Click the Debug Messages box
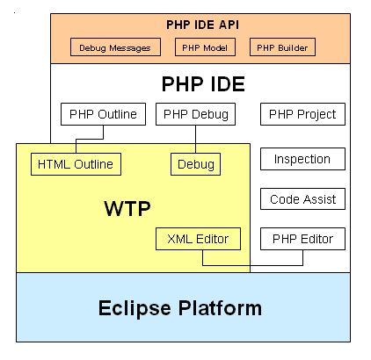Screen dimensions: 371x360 click(x=115, y=47)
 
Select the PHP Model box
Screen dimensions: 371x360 click(x=205, y=47)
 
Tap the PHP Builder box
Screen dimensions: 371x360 click(x=282, y=47)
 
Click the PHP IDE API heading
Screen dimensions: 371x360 click(x=202, y=25)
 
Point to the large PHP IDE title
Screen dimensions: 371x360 click(x=203, y=84)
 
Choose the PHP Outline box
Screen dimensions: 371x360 click(x=103, y=114)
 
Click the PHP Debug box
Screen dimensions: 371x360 click(x=195, y=114)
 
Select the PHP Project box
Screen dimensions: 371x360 click(x=302, y=114)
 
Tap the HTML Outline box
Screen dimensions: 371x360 click(x=76, y=164)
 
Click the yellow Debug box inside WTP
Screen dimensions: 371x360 click(x=195, y=164)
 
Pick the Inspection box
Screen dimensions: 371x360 click(x=302, y=159)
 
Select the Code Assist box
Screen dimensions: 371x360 click(x=302, y=199)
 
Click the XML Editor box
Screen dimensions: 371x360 click(x=198, y=239)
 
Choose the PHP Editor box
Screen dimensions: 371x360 click(x=302, y=239)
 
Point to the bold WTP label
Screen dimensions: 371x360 click(x=127, y=208)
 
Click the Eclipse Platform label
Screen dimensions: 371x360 click(x=180, y=308)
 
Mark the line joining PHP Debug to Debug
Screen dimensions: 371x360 click(x=195, y=140)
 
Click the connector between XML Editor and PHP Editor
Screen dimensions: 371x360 click(x=252, y=265)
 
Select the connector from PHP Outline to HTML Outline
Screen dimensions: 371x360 click(x=90, y=139)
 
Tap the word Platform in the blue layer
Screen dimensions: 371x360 click(x=220, y=308)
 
